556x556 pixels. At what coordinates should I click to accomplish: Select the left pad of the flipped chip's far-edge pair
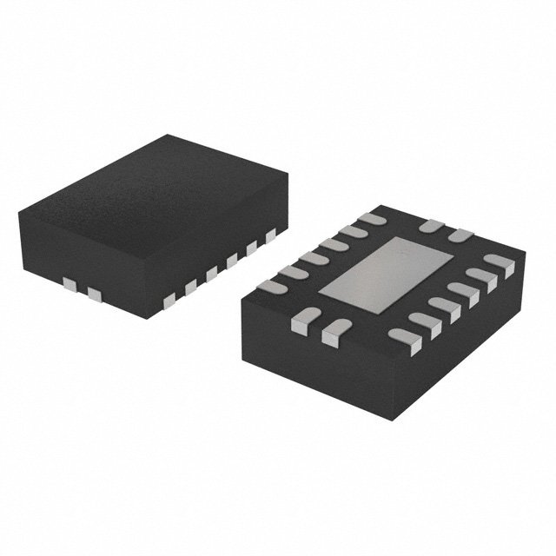pos(431,226)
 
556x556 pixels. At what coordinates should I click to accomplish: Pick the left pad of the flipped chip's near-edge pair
pos(301,323)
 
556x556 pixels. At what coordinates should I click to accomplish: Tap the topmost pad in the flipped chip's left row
pos(372,219)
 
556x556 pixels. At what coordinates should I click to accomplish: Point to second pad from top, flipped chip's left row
pos(353,232)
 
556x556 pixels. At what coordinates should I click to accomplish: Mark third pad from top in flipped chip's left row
pos(334,245)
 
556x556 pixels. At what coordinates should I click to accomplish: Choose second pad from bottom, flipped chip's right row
pos(424,322)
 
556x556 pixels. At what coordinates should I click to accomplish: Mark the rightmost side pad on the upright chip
pos(271,234)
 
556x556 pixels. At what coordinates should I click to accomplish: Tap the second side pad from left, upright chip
pos(94,295)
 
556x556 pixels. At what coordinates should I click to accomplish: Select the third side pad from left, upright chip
pos(169,300)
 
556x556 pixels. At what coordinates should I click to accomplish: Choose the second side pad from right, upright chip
pos(252,247)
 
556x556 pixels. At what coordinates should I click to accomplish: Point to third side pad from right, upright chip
pos(231,260)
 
